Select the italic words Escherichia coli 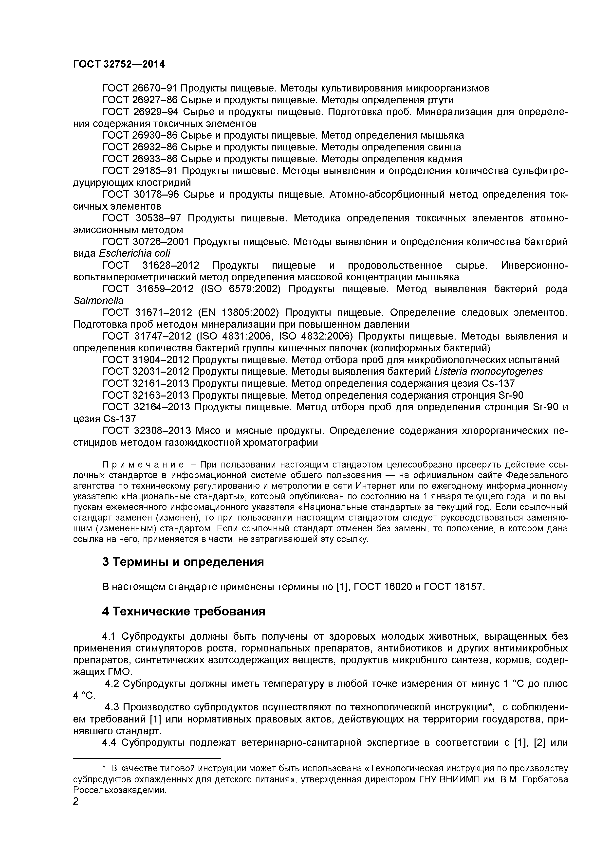(x=134, y=253)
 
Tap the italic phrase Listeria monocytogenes (x=488, y=371)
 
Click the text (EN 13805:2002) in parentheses (x=238, y=313)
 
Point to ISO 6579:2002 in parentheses (x=241, y=289)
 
